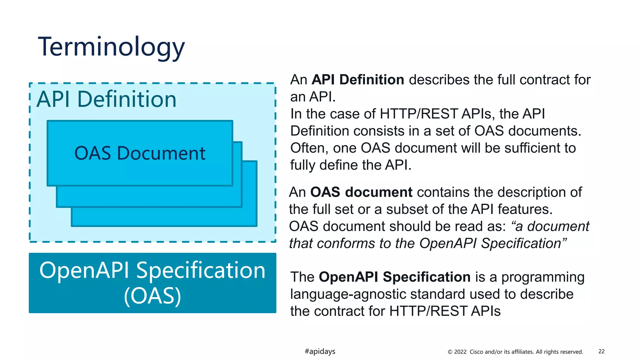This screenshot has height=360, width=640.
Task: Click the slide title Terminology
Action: click(x=111, y=47)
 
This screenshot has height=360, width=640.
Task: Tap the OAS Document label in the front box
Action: click(x=140, y=153)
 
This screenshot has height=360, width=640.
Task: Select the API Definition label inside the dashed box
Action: click(x=107, y=99)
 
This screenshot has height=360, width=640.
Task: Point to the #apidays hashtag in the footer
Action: click(x=320, y=351)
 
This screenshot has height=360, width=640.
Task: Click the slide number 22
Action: click(x=601, y=351)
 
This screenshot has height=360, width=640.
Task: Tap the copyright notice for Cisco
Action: click(x=515, y=352)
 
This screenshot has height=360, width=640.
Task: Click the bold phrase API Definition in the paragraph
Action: click(x=358, y=80)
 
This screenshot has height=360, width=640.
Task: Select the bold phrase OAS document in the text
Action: click(x=361, y=192)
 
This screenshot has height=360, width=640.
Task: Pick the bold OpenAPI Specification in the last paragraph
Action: click(x=394, y=277)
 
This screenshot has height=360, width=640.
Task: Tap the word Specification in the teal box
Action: click(x=201, y=270)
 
